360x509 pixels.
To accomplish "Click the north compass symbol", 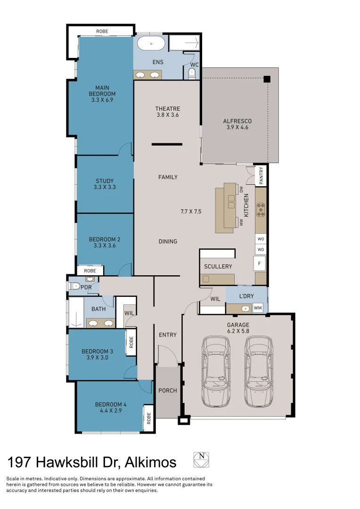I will [x=201, y=460].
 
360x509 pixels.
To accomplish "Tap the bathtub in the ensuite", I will [x=151, y=44].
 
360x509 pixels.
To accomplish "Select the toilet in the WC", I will [x=191, y=74].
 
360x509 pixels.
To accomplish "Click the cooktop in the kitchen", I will [x=261, y=209].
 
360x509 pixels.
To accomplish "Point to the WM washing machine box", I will [x=257, y=308].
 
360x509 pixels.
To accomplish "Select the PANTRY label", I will [x=261, y=175].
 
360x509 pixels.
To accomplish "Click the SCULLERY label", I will [x=218, y=266].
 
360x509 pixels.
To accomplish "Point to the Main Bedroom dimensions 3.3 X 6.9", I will [x=102, y=100].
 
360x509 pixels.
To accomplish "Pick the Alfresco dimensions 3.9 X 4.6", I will [x=237, y=127].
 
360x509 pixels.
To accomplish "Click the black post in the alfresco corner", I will [x=267, y=79].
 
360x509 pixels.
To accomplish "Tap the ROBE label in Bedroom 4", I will [x=149, y=418].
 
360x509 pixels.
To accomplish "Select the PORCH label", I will [x=167, y=390].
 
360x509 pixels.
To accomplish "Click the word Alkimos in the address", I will [x=150, y=462].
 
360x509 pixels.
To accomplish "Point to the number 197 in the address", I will [x=20, y=462].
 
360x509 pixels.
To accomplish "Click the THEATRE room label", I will [x=168, y=108].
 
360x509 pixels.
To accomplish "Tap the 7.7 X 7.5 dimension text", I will [x=191, y=212].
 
